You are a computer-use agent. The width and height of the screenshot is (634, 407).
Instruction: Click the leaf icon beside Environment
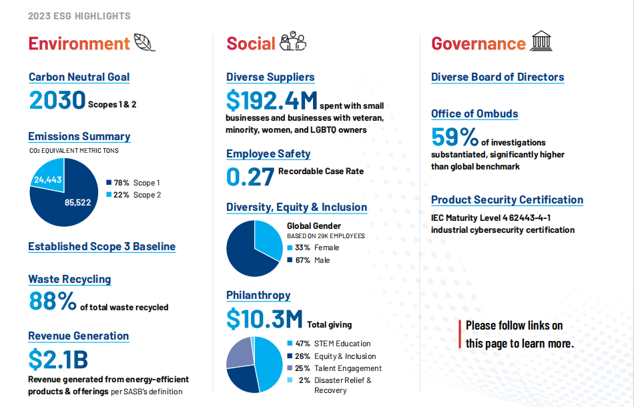point(144,43)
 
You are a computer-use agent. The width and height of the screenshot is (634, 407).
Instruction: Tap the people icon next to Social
point(292,42)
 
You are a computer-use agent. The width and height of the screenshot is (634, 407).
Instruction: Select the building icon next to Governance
point(541,41)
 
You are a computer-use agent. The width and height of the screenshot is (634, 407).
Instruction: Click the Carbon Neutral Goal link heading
point(79,77)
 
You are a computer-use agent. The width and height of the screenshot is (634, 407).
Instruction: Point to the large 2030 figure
point(57,100)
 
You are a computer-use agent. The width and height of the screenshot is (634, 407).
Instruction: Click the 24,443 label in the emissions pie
point(48,179)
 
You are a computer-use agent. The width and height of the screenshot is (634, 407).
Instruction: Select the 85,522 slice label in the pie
point(77,203)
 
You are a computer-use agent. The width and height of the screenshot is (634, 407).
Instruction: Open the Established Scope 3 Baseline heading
point(101,247)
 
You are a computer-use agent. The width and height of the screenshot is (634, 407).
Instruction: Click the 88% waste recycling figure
point(52,302)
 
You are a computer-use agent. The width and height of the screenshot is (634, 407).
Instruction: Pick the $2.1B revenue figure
point(58,359)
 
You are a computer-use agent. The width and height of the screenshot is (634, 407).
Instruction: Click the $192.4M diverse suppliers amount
point(272,101)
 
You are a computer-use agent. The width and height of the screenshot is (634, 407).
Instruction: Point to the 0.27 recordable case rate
point(250,177)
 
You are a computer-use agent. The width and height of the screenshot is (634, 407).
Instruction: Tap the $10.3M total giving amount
point(264,320)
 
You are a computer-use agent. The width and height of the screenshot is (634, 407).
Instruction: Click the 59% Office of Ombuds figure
point(454,137)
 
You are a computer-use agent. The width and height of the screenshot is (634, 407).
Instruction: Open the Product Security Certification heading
point(507,200)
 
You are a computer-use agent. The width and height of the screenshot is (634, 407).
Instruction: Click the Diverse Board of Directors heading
point(497,77)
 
